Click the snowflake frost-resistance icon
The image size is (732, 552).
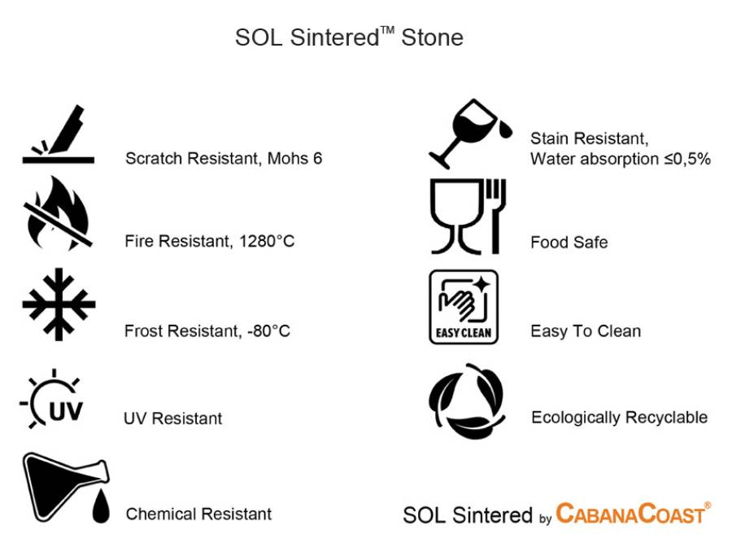click(x=59, y=304)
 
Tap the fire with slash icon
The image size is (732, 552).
click(x=58, y=213)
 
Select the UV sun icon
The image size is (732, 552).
click(x=52, y=399)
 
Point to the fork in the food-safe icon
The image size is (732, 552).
click(x=496, y=216)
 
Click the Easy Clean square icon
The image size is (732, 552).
click(x=464, y=307)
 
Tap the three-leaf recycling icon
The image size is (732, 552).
click(x=467, y=401)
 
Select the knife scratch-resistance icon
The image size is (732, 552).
click(x=59, y=134)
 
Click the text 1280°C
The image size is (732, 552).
click(x=267, y=241)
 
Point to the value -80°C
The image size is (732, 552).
click(x=269, y=331)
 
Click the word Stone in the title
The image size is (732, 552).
click(x=433, y=37)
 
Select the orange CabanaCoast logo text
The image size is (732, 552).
click(x=634, y=513)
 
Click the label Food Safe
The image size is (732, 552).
click(x=569, y=242)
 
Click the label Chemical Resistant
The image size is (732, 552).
click(x=199, y=514)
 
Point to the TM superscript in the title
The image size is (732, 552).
click(x=387, y=30)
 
